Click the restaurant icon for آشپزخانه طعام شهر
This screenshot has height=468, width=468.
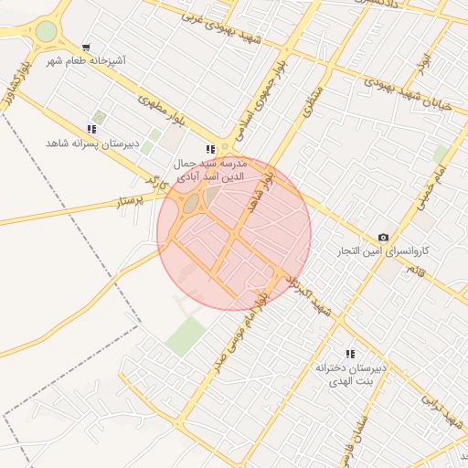point(86,47)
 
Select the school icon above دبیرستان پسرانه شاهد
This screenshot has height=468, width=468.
point(90,129)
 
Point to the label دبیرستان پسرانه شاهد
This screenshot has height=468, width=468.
point(90,144)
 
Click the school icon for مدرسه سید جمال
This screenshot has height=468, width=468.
point(211,148)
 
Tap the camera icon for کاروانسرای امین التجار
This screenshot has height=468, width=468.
point(382,237)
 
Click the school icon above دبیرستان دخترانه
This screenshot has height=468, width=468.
point(349,353)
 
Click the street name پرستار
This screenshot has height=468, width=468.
point(130,198)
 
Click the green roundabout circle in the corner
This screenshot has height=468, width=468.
point(45,32)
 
